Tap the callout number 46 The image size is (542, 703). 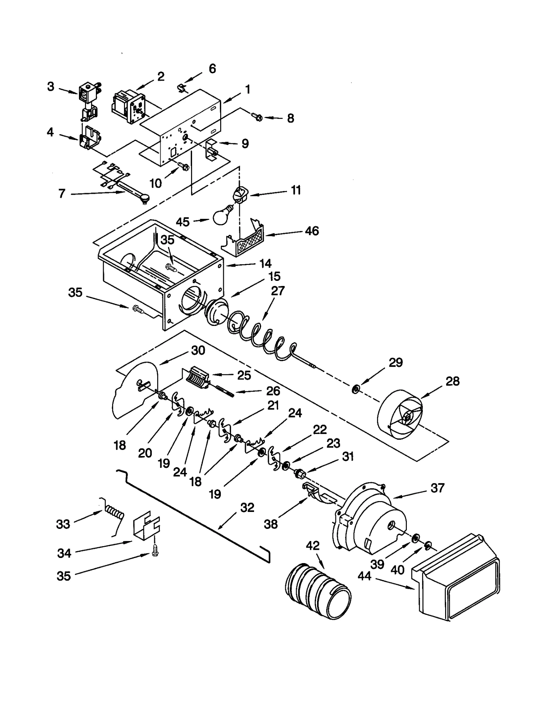click(x=311, y=231)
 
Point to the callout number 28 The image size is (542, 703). click(x=452, y=381)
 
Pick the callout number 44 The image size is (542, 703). click(x=364, y=576)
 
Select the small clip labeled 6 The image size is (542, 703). click(x=182, y=89)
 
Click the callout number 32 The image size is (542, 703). click(x=247, y=508)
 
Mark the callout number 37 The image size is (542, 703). click(x=437, y=488)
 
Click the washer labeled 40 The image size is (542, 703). click(x=428, y=545)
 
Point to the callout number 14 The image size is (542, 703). click(x=265, y=263)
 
